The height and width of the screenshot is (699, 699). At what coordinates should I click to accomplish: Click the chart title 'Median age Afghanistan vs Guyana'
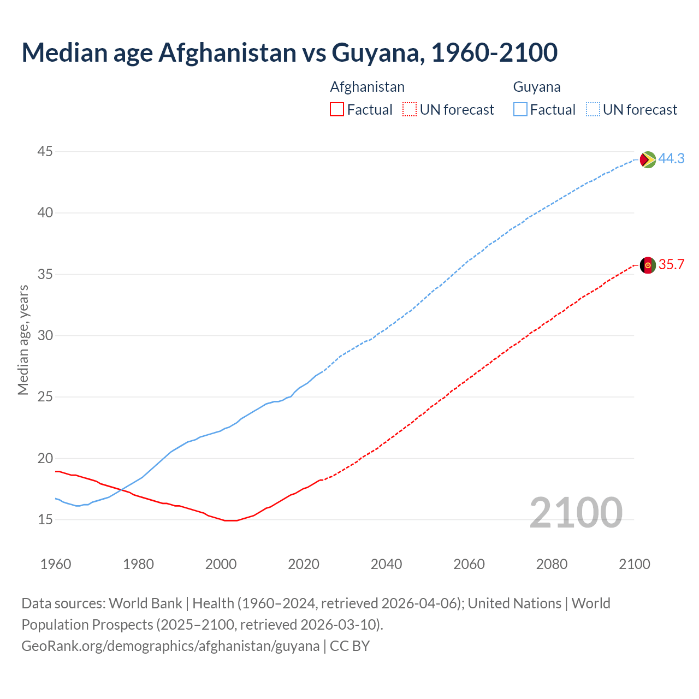click(x=289, y=52)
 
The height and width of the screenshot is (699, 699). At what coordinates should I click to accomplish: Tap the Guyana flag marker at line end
click(x=648, y=159)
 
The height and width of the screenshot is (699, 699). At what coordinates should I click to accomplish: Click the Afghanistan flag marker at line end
click(x=648, y=265)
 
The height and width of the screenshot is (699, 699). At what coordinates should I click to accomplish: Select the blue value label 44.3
click(x=671, y=158)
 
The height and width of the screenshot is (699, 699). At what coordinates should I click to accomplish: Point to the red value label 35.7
click(x=671, y=265)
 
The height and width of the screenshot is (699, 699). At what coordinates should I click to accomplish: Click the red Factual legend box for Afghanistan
click(x=337, y=110)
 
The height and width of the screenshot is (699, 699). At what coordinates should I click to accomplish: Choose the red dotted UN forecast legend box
click(x=409, y=110)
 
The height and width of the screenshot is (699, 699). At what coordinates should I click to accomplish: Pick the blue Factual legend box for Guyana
click(x=520, y=110)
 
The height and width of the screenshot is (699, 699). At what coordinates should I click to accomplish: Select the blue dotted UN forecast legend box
click(x=593, y=110)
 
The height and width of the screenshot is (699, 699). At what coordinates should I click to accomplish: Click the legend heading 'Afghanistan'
click(x=367, y=87)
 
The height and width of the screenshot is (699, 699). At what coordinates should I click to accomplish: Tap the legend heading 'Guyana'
click(x=536, y=87)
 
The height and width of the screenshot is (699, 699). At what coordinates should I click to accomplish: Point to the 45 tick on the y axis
click(x=45, y=151)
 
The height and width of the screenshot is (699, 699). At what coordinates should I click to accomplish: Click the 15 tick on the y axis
click(x=45, y=519)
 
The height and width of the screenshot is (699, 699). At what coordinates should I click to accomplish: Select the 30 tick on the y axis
click(x=45, y=335)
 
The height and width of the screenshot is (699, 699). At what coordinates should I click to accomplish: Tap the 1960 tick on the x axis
click(x=56, y=564)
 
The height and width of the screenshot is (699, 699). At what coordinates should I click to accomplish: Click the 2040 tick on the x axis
click(x=386, y=564)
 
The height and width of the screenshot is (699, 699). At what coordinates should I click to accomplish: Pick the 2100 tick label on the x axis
click(x=634, y=564)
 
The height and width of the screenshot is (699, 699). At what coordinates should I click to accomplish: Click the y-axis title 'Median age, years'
click(x=23, y=340)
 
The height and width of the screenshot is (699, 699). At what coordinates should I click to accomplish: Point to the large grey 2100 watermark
click(x=576, y=513)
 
